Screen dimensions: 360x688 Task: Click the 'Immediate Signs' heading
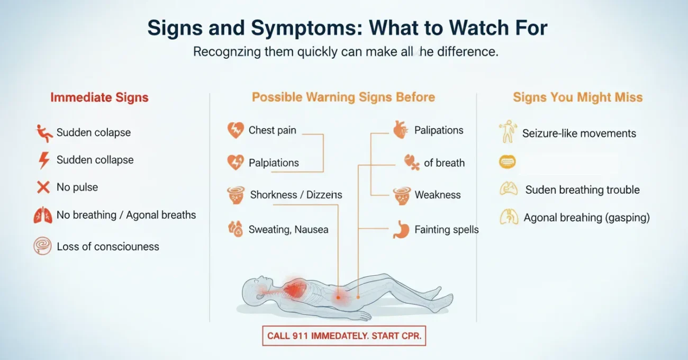tap(99, 97)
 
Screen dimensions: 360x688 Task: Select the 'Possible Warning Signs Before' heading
tap(343, 97)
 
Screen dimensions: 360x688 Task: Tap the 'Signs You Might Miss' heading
tap(577, 97)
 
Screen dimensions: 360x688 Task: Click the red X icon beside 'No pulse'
tap(43, 187)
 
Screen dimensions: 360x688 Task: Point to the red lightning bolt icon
tap(43, 160)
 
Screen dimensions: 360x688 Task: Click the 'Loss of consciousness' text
tap(107, 246)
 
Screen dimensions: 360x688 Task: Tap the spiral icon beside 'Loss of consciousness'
tap(42, 246)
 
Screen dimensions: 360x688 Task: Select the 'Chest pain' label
tap(272, 130)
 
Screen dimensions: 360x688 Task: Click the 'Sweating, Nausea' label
tap(289, 229)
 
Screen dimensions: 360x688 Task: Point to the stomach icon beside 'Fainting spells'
tap(401, 230)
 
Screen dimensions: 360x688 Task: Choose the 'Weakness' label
tap(437, 195)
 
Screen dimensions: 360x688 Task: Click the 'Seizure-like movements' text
tap(579, 133)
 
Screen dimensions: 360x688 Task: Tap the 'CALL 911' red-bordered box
tap(344, 336)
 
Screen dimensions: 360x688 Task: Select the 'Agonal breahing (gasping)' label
tap(586, 217)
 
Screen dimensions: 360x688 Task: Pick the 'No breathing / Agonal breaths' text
tap(126, 215)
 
